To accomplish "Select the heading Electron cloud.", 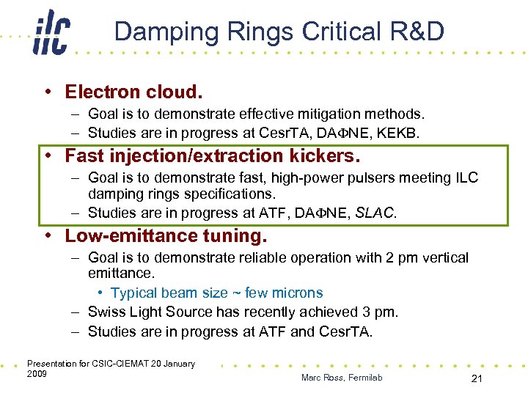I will coord(133,92).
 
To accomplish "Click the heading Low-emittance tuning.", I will coord(166,235).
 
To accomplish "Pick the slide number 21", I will coord(477,377).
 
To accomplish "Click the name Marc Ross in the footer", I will coord(328,378).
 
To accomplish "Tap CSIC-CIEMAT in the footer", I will coord(117,364).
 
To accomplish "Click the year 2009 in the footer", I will coord(37,374).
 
